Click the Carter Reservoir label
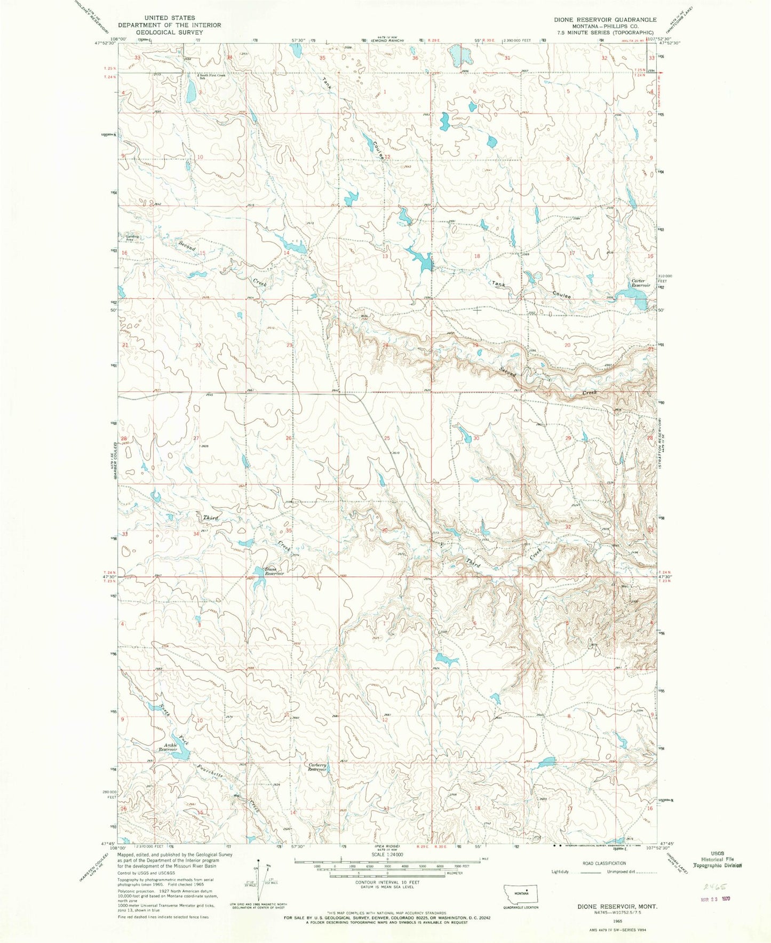(641, 283)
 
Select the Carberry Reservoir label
(316, 767)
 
